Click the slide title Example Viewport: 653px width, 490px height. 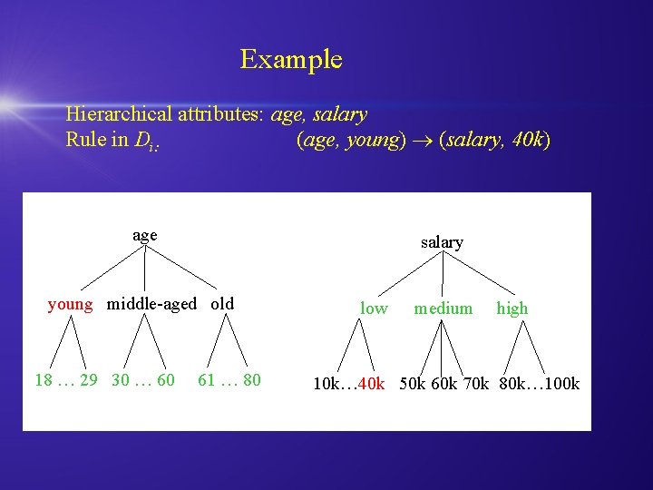[291, 60]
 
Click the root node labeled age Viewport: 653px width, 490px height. [144, 235]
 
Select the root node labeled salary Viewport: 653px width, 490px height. [442, 242]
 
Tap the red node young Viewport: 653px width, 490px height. [70, 304]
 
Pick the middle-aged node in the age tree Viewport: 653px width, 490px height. [151, 304]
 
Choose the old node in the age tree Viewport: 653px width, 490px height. [222, 304]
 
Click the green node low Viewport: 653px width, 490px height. [374, 309]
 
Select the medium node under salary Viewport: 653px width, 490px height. [443, 309]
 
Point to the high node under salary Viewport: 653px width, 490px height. [512, 309]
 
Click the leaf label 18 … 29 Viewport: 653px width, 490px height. [65, 380]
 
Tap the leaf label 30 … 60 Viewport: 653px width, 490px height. [142, 380]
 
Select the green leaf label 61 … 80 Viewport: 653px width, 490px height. [229, 380]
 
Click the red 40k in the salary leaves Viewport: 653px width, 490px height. [372, 384]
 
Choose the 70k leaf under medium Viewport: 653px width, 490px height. [475, 384]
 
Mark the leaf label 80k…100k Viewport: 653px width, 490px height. [539, 384]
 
